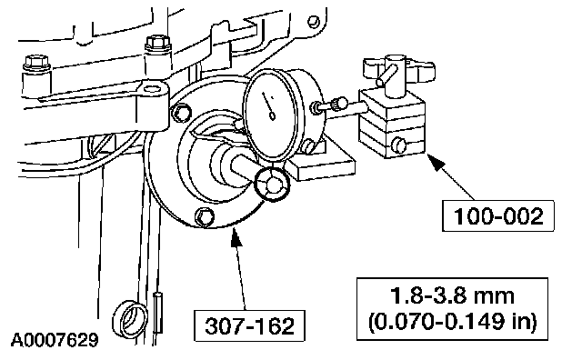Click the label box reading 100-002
coord(498,216)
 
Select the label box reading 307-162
coord(249,325)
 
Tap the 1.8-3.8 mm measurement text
coord(452,295)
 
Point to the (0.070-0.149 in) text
coord(452,321)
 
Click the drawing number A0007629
coord(55,340)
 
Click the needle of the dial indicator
coord(268,106)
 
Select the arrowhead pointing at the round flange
coord(236,237)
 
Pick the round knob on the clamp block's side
coord(399,145)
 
